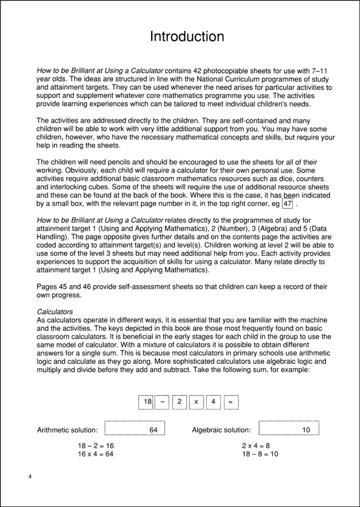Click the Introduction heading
click(x=187, y=36)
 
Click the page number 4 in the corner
click(x=30, y=477)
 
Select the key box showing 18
click(x=146, y=402)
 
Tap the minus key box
click(x=162, y=402)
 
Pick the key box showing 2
click(x=179, y=402)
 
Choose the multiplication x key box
click(x=196, y=402)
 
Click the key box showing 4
click(x=213, y=402)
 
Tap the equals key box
click(x=231, y=402)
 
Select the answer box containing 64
click(x=135, y=428)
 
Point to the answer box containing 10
click(x=289, y=428)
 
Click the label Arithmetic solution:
click(x=68, y=430)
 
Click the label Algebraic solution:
click(x=221, y=430)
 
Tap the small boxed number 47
click(x=288, y=204)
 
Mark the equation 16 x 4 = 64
click(x=96, y=454)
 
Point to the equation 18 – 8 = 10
click(x=260, y=454)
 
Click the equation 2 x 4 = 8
click(x=256, y=445)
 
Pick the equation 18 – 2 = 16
click(x=96, y=445)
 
